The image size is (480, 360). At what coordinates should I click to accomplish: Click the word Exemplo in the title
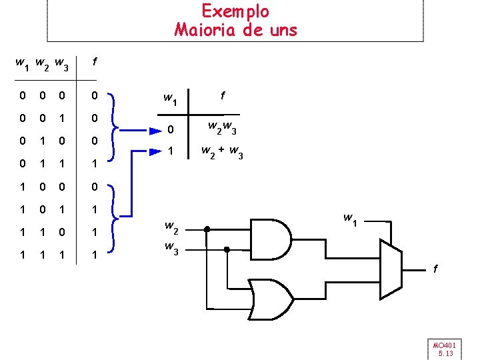235,11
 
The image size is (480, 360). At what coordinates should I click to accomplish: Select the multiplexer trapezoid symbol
391,269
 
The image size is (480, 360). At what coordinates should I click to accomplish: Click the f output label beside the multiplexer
436,269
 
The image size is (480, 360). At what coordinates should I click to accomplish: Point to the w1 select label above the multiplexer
349,219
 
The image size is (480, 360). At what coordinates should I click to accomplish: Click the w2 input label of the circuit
171,230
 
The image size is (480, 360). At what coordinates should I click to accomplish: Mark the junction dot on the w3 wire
227,249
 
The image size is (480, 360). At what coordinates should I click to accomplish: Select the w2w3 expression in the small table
223,127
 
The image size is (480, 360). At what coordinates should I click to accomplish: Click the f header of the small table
223,97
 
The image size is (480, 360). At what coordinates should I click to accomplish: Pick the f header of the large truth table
95,62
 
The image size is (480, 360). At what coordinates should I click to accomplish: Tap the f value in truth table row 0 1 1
95,163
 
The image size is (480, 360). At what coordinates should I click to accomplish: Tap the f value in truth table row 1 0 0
95,186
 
